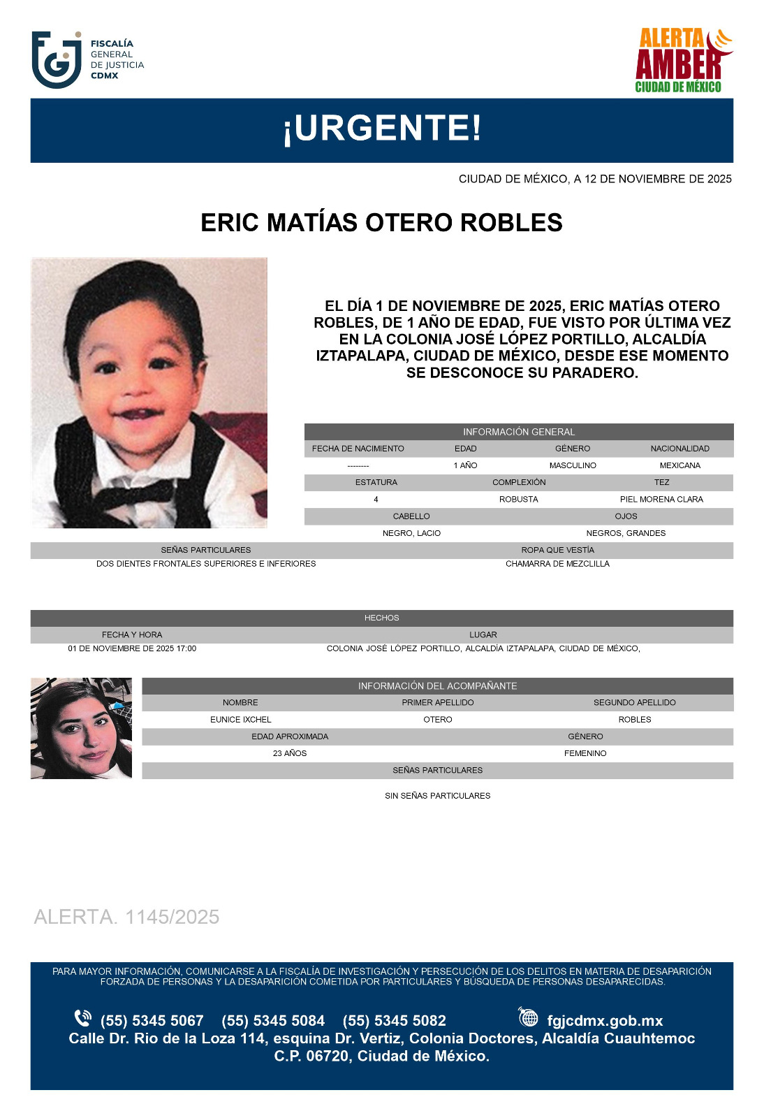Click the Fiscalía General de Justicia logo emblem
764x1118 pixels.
57,60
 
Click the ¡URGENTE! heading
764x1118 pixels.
381,129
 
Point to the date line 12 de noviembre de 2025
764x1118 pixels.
594,179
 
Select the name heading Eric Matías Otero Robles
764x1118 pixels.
381,223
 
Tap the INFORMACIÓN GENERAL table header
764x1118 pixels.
518,432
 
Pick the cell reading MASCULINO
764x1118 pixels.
572,465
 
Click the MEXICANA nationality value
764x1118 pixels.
679,465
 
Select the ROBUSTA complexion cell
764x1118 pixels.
518,500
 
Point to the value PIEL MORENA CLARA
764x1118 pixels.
661,500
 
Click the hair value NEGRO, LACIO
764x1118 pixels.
411,533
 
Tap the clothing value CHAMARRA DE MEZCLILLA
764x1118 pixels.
557,564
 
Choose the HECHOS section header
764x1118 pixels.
381,618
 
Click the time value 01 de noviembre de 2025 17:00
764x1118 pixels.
132,648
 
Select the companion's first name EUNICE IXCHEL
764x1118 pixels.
240,720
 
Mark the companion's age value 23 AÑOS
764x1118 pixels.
290,753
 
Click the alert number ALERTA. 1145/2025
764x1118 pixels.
126,917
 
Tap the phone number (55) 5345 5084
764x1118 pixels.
273,1021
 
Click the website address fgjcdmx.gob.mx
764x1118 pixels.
604,1021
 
